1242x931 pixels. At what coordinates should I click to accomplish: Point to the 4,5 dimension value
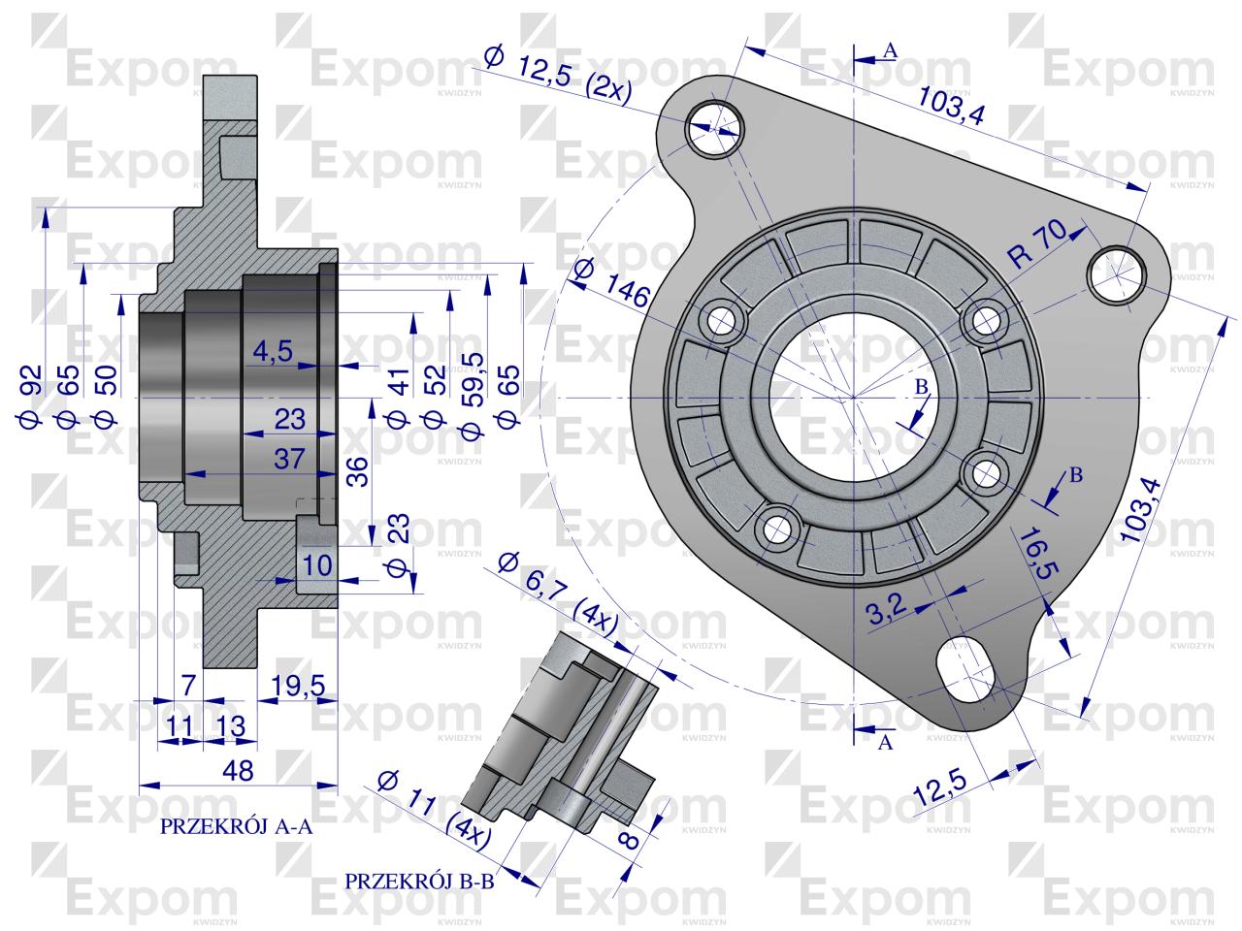click(x=273, y=352)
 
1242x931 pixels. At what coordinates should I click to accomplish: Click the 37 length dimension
click(x=289, y=460)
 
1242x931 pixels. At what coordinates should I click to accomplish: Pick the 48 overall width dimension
click(x=238, y=771)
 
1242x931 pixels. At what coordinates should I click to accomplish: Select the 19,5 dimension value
click(x=298, y=686)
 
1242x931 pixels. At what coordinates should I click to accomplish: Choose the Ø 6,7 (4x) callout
click(x=558, y=592)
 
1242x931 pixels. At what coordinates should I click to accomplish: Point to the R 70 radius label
click(x=1036, y=243)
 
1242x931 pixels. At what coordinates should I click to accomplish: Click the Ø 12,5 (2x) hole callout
click(x=557, y=76)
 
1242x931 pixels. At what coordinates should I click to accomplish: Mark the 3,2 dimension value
click(x=886, y=610)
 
